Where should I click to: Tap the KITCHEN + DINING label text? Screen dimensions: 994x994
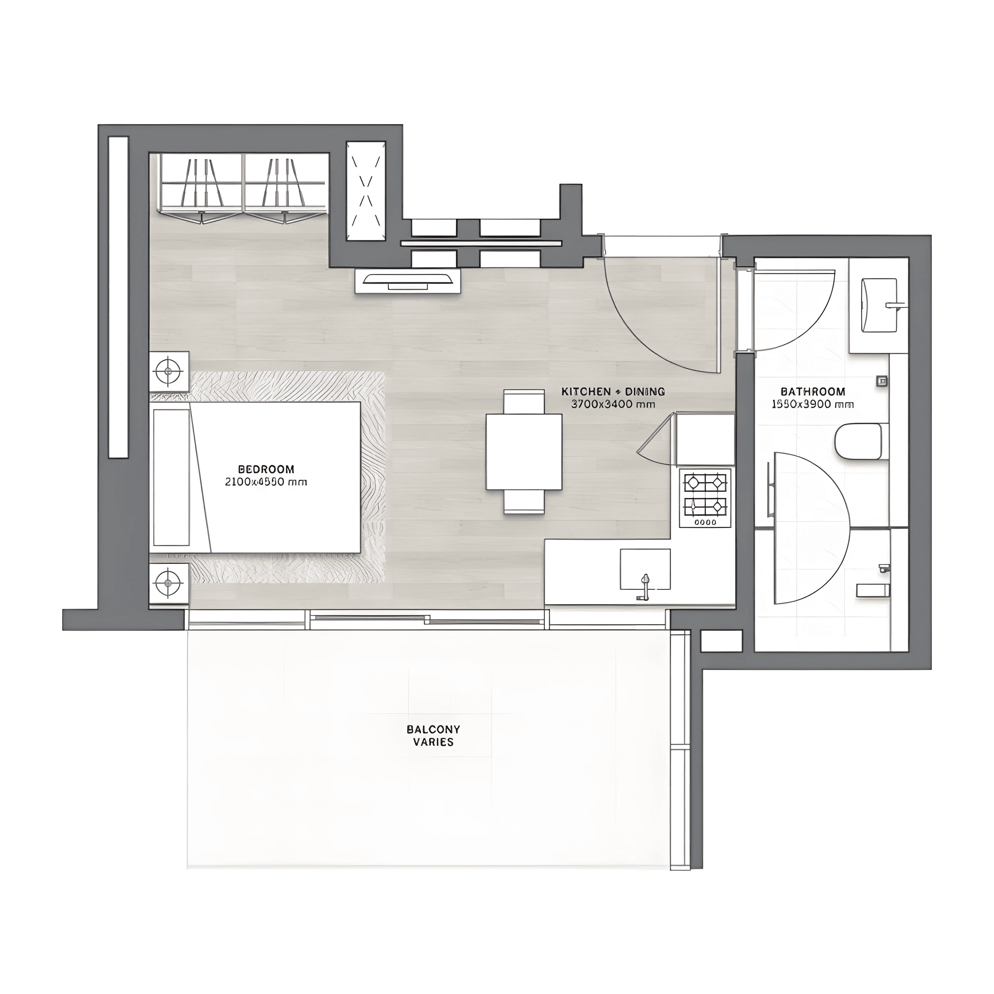point(613,391)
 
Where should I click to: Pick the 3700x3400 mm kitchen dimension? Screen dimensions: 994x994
point(613,404)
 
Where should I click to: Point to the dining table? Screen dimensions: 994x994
point(524,452)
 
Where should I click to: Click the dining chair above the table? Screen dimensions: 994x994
point(524,401)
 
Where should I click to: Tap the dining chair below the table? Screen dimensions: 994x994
point(524,502)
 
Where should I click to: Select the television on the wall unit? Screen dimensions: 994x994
point(408,279)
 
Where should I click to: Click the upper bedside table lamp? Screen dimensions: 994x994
point(168,371)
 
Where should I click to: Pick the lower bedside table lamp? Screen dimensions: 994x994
point(168,583)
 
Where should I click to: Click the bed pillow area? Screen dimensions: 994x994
point(172,477)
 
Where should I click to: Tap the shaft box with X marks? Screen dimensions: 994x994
point(366,191)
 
